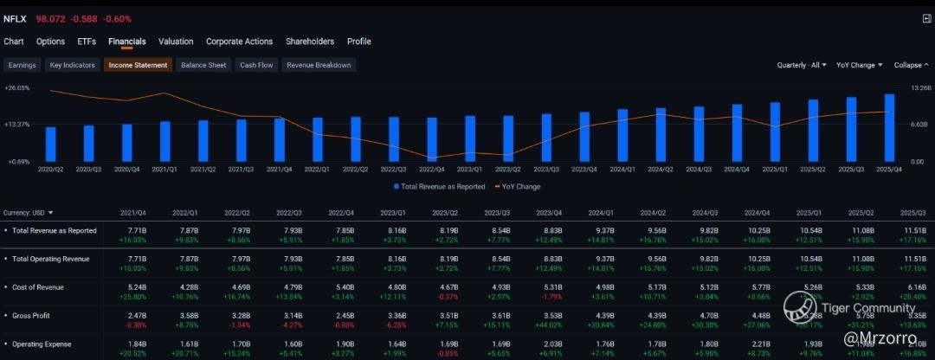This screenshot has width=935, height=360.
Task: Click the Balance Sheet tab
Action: pyautogui.click(x=203, y=65)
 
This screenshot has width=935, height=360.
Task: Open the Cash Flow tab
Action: pyautogui.click(x=256, y=65)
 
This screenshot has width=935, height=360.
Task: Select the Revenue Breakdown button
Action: pyautogui.click(x=319, y=65)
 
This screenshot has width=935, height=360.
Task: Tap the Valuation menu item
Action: pyautogui.click(x=176, y=42)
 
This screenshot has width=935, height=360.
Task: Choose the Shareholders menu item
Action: pyautogui.click(x=310, y=42)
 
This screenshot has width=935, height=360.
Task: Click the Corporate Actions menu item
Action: pyautogui.click(x=239, y=42)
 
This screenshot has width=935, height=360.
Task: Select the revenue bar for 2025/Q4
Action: pyautogui.click(x=889, y=127)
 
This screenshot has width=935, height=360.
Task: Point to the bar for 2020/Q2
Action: pyautogui.click(x=51, y=144)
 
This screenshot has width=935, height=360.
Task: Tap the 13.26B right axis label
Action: pyautogui.click(x=919, y=88)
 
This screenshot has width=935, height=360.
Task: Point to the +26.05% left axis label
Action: pyautogui.click(x=17, y=88)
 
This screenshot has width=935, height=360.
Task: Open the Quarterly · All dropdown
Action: pyautogui.click(x=801, y=65)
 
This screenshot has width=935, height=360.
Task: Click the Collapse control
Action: pyautogui.click(x=911, y=65)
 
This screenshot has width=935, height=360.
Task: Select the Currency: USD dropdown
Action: pyautogui.click(x=29, y=213)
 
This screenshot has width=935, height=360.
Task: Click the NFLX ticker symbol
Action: pyautogui.click(x=15, y=18)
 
